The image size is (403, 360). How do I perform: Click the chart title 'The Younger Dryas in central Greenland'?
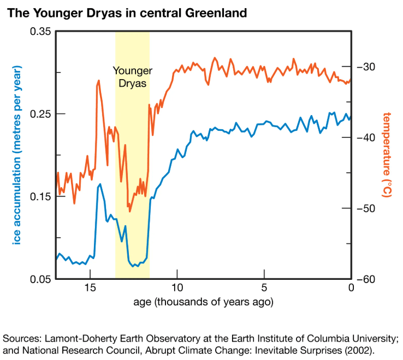(x=127, y=13)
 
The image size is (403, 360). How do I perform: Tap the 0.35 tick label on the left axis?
(x=40, y=32)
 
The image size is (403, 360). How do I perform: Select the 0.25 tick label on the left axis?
(x=40, y=114)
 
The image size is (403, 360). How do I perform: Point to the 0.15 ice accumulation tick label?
(x=40, y=197)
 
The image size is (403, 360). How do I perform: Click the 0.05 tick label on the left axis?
(x=40, y=279)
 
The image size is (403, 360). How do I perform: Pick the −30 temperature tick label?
(x=366, y=67)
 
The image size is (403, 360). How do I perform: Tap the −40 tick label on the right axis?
(x=366, y=137)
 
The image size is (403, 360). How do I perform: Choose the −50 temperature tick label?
(x=366, y=208)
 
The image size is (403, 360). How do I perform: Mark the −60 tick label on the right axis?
(x=366, y=279)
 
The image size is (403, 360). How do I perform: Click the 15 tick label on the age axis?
(x=90, y=287)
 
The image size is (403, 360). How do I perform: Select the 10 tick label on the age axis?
(x=177, y=287)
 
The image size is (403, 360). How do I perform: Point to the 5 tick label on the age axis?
(x=264, y=287)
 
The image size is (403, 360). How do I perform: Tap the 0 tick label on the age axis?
(x=351, y=287)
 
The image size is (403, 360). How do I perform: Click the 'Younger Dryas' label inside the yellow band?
(x=133, y=77)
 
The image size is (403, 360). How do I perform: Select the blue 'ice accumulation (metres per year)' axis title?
(x=16, y=155)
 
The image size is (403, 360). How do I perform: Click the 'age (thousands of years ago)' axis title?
(x=203, y=302)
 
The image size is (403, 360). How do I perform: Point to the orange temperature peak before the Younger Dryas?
(x=98, y=81)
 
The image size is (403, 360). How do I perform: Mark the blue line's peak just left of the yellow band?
(x=100, y=184)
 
